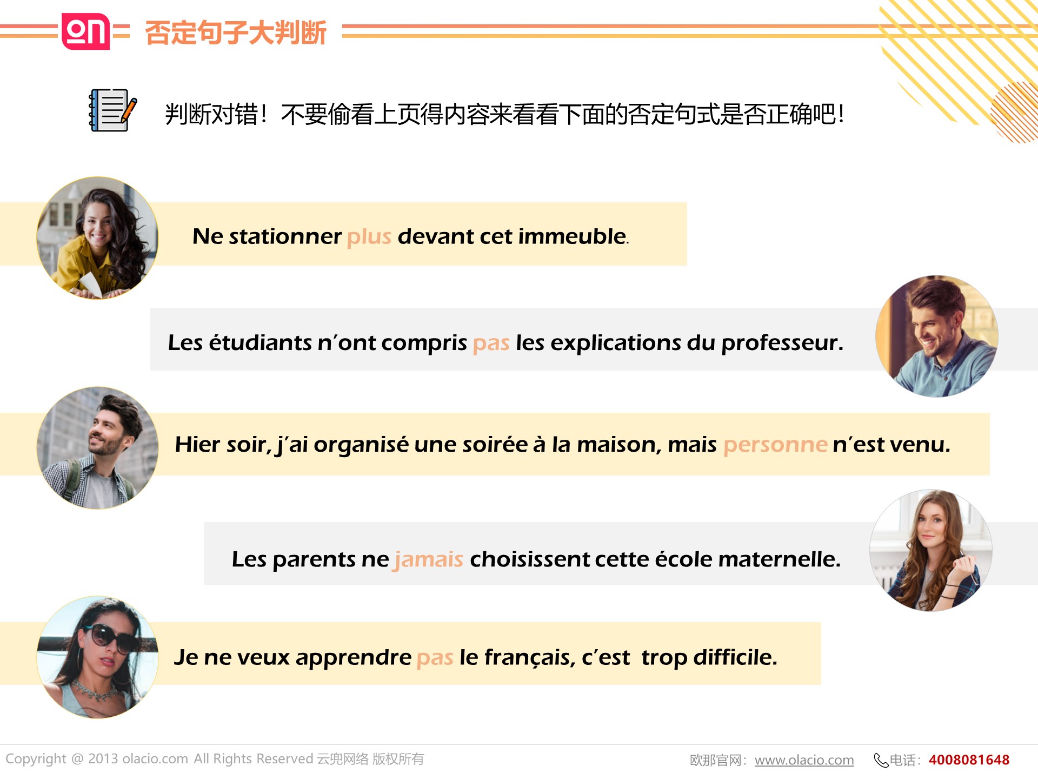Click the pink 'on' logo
point(86,31)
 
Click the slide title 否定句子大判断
point(236,32)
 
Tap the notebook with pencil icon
point(112,110)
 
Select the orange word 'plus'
point(369,236)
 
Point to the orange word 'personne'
point(775,445)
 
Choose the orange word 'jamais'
point(429,559)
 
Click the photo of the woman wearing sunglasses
point(97,657)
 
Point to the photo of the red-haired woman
point(931,551)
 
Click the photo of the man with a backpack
point(97,448)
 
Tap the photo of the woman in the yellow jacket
point(97,238)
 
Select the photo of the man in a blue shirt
point(937,336)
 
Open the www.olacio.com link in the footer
point(804,760)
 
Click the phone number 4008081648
point(969,760)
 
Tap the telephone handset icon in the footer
point(881,761)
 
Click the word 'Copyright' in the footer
point(36,760)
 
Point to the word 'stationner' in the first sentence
point(285,236)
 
